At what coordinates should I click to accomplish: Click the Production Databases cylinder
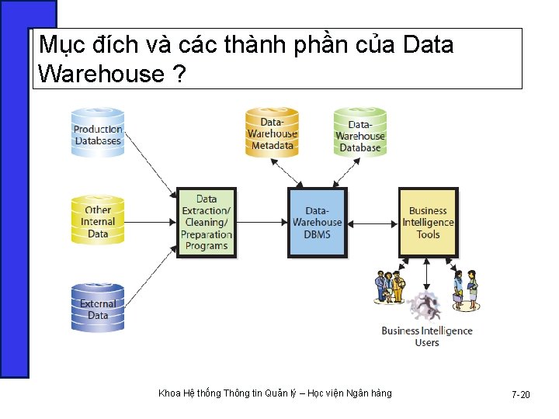point(98,133)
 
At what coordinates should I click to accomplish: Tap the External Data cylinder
point(98,308)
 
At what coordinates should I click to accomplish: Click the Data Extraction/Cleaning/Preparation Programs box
point(207,223)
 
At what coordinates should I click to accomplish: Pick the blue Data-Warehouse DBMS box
point(317,223)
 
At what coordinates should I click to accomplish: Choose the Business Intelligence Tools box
point(428,223)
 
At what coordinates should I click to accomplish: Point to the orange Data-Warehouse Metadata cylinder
point(272,133)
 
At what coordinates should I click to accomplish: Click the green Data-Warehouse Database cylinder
point(359,133)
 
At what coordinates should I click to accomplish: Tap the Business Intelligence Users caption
point(427,336)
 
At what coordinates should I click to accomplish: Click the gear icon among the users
point(425,304)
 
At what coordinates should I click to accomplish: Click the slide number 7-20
point(520,395)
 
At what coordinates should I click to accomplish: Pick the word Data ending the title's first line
point(428,45)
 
